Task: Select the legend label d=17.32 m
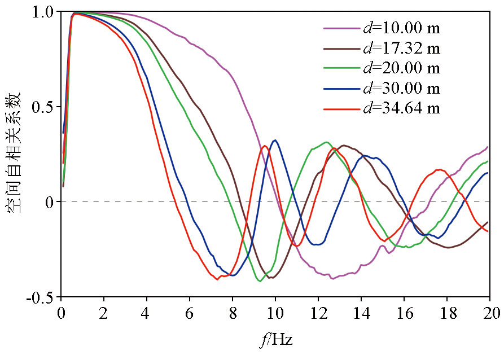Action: coord(401,47)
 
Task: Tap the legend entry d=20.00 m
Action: coord(401,68)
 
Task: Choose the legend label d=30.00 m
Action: coord(401,88)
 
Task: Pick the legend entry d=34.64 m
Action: coord(401,108)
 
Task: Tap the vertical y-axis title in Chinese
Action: coord(14,152)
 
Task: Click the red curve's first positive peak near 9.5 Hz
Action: coord(265,146)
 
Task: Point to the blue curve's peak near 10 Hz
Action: coord(275,141)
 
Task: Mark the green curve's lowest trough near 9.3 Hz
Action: coord(260,280)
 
